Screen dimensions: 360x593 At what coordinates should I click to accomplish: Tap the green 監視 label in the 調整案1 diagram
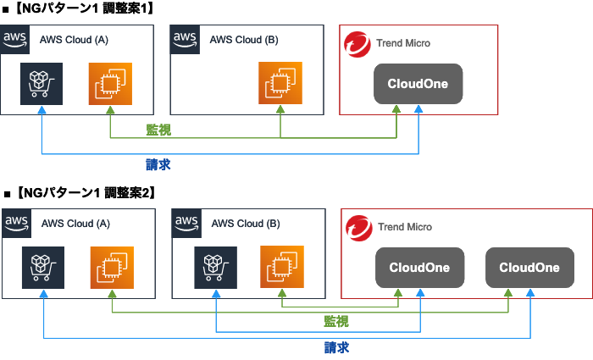[x=158, y=129]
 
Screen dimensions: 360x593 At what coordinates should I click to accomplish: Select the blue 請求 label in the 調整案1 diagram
[x=158, y=163]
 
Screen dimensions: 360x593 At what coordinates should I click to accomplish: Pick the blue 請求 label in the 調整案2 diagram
[x=336, y=347]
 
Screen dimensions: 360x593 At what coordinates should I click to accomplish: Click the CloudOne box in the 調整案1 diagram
[x=418, y=85]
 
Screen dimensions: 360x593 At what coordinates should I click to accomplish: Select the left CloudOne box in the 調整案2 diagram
[x=419, y=268]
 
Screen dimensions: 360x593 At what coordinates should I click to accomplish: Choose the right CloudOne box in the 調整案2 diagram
[x=529, y=268]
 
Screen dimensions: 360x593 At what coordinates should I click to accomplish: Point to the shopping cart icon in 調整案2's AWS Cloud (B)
[x=215, y=268]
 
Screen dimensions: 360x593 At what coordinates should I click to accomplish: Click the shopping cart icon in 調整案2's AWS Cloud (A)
[x=43, y=268]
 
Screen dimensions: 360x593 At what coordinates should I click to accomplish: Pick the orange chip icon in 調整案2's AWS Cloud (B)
[x=282, y=268]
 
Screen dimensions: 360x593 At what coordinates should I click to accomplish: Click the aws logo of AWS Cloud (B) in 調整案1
[x=185, y=39]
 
